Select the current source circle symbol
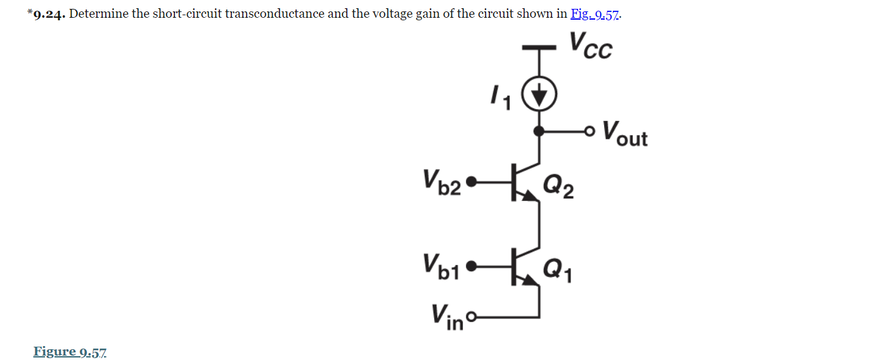tap(539, 96)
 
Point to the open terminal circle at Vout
tap(591, 132)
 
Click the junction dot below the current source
tap(539, 132)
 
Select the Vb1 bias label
tap(442, 267)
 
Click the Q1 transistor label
tap(558, 269)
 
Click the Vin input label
tap(446, 315)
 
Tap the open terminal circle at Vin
tap(470, 316)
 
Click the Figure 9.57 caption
tap(70, 351)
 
